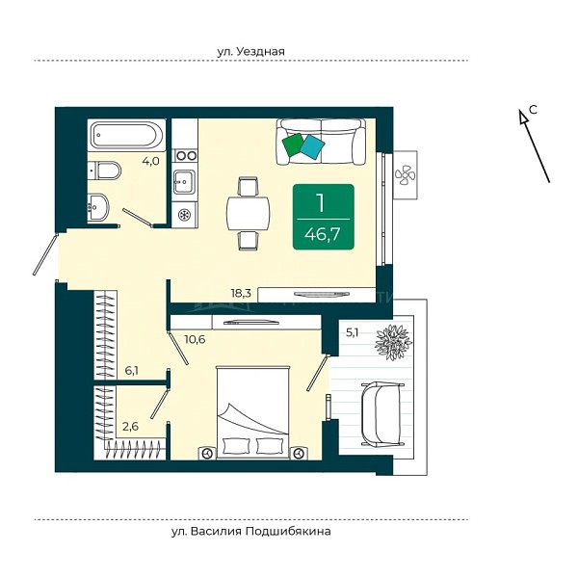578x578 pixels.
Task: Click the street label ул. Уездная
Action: tap(250, 51)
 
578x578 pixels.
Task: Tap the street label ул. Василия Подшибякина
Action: tap(250, 531)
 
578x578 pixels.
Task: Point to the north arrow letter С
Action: tap(533, 109)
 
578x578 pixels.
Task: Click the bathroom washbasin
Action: tap(98, 207)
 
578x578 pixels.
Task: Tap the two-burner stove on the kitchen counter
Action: tap(185, 155)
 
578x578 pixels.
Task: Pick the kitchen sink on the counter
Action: tap(184, 181)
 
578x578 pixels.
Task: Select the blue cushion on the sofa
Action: tap(312, 146)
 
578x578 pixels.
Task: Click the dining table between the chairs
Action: tap(248, 213)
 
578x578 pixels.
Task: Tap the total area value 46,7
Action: tap(323, 234)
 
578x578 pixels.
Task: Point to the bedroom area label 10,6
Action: tap(195, 339)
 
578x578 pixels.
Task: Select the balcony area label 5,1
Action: tap(352, 333)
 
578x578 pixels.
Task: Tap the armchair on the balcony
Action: tap(382, 414)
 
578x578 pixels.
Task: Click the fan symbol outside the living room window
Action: tap(406, 174)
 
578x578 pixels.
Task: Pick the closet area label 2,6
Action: tap(130, 426)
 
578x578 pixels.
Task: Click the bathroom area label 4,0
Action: tap(151, 161)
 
